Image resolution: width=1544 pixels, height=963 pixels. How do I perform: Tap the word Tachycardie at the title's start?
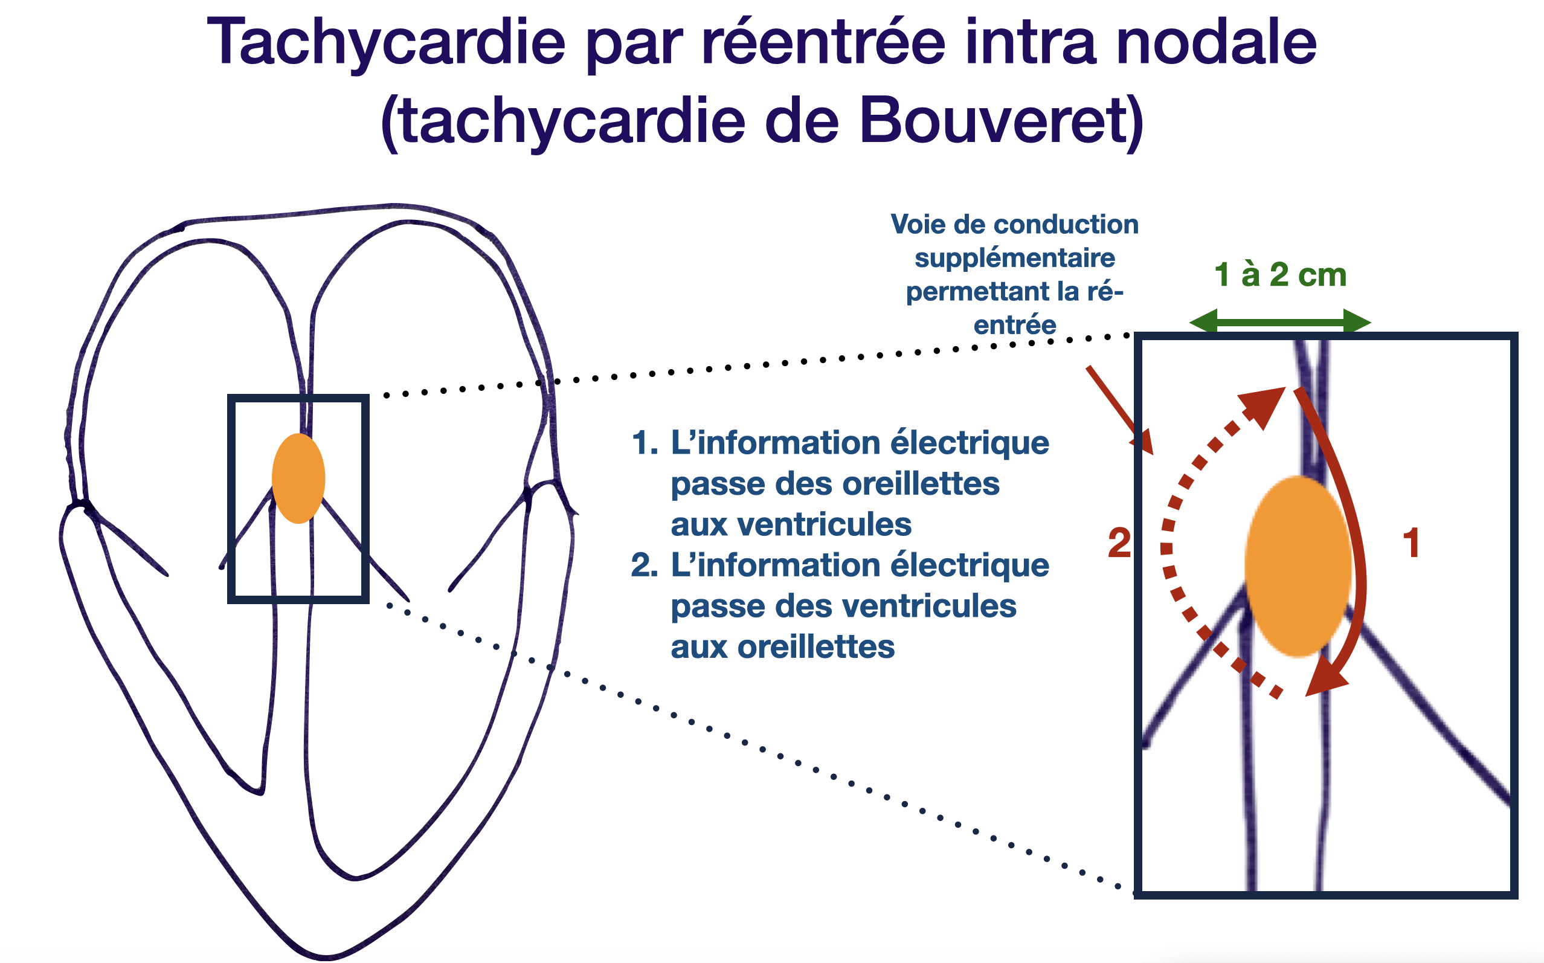(386, 43)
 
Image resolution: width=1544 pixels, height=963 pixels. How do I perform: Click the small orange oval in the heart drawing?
(298, 478)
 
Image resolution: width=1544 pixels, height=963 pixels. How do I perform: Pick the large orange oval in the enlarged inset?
(1298, 566)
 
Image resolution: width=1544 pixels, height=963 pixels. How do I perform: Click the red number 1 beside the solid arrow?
(1411, 543)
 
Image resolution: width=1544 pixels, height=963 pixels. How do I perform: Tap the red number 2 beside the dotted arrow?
(1119, 543)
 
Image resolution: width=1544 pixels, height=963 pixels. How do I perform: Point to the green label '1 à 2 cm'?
(1280, 274)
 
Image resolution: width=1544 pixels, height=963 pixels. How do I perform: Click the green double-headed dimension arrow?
(1280, 322)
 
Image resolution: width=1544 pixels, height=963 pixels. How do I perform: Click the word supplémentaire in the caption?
(1014, 259)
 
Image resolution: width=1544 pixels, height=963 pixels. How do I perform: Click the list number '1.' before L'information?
(645, 443)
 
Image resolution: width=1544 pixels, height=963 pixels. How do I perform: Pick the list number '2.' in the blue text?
(645, 565)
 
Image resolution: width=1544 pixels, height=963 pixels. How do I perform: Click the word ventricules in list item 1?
(791, 525)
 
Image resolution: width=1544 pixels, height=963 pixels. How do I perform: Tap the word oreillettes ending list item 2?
(782, 647)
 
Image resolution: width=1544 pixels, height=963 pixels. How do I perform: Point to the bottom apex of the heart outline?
(326, 955)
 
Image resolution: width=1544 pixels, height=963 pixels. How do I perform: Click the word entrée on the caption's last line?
(1014, 326)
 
